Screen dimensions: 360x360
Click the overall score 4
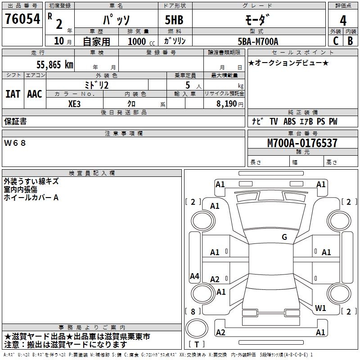click(x=343, y=20)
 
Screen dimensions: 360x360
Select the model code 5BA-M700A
click(x=258, y=41)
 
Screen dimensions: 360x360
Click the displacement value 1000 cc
click(x=139, y=41)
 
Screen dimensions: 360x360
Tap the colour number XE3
click(x=75, y=103)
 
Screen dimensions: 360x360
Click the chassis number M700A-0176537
click(x=302, y=143)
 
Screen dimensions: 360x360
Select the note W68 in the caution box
click(x=15, y=143)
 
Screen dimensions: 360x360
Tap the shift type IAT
click(x=13, y=94)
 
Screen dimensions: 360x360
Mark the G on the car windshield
click(x=284, y=237)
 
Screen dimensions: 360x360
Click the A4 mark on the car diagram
click(x=194, y=276)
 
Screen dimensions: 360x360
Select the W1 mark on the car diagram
click(x=320, y=308)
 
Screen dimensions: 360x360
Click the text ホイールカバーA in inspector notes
click(x=31, y=198)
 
